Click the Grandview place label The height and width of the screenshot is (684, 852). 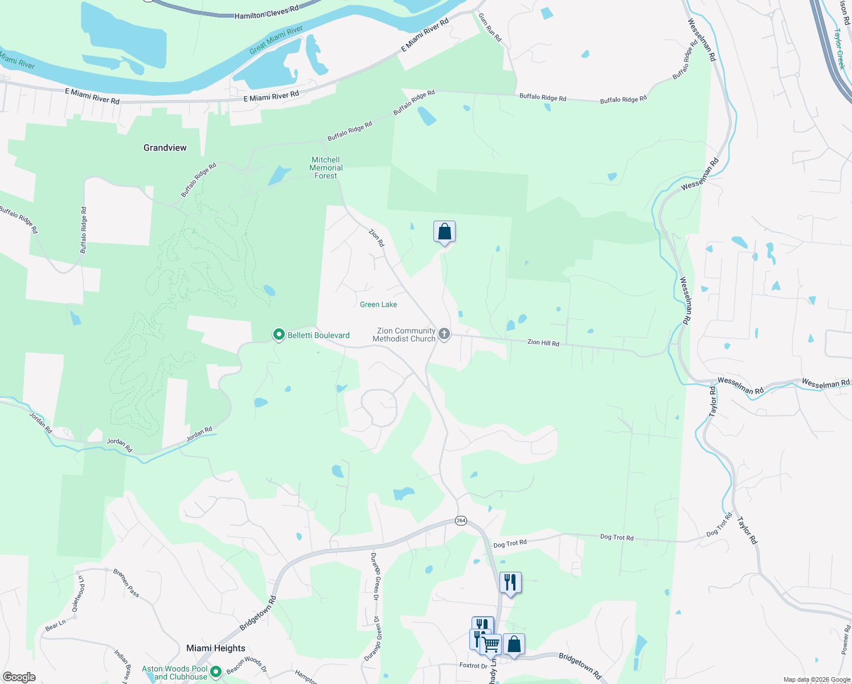point(165,148)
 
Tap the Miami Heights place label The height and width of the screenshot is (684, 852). point(216,648)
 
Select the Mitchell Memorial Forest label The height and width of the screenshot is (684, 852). point(326,168)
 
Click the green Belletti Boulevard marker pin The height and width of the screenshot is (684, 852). point(279,335)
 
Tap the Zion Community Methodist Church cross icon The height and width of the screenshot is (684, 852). point(444,334)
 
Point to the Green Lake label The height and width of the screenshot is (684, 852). point(378,304)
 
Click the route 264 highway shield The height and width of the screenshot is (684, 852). point(461,520)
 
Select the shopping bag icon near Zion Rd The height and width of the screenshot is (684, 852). point(444,231)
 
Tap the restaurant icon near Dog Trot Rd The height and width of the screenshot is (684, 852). point(510,583)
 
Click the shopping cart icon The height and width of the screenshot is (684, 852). point(491,645)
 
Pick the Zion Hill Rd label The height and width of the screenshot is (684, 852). point(543,343)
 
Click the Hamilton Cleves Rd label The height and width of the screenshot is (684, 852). point(267,13)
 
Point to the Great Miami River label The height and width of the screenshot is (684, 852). point(276,40)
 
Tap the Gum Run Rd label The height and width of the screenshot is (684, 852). point(490,27)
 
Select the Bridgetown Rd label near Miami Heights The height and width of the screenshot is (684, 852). point(257,613)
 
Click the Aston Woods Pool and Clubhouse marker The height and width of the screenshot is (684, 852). point(216,672)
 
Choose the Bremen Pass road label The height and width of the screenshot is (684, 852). point(126,583)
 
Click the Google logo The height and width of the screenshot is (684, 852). point(19,677)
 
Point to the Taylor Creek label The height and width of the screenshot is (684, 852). point(839,49)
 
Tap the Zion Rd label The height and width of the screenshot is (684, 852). point(376,238)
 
